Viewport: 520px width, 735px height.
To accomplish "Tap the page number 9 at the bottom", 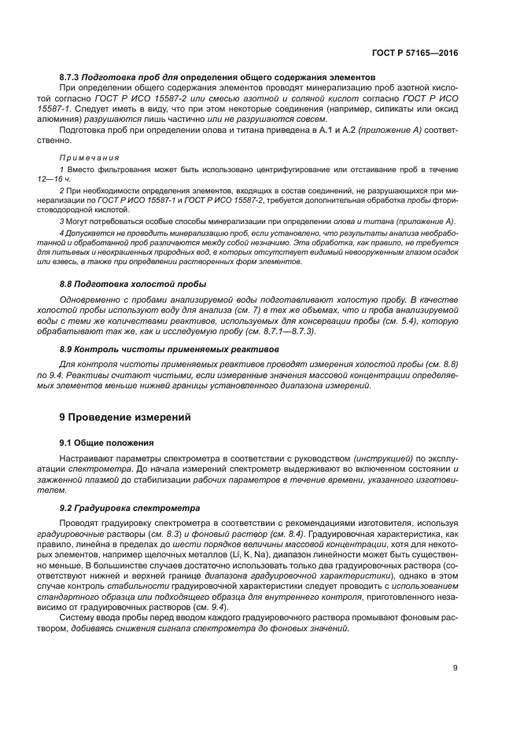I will click(x=455, y=668).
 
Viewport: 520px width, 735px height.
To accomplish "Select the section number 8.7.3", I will click(x=72, y=78).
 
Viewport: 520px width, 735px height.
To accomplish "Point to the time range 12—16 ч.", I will click(x=77, y=178).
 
